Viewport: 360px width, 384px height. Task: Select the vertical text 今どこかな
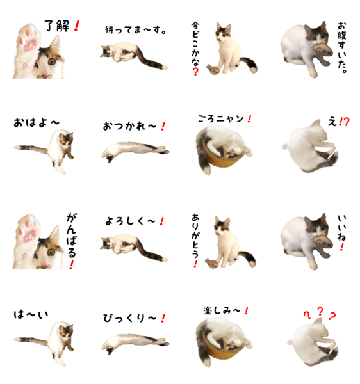click(x=196, y=45)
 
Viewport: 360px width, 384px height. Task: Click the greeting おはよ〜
click(x=37, y=122)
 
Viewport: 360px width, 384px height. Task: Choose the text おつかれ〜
click(x=129, y=126)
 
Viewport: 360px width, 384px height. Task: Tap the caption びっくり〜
click(x=129, y=318)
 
